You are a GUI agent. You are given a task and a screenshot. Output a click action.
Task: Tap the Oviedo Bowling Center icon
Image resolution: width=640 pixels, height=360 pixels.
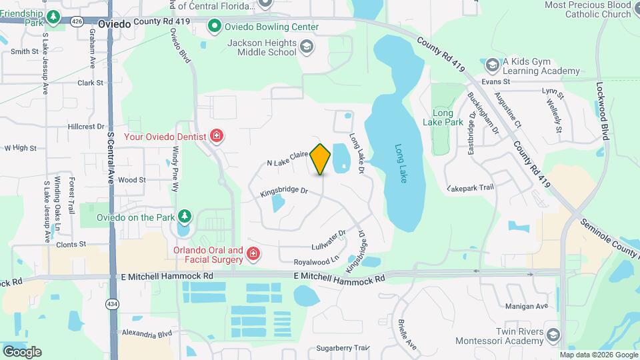click(215, 27)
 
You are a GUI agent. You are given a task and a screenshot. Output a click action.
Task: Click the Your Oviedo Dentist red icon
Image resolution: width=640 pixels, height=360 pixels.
click(216, 137)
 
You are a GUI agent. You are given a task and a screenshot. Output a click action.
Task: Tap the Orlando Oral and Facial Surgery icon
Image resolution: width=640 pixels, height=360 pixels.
click(253, 254)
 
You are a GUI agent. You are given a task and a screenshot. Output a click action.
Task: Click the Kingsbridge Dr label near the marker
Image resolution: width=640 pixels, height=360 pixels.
click(284, 191)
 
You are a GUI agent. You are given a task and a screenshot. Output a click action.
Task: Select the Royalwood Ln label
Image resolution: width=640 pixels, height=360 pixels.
click(317, 259)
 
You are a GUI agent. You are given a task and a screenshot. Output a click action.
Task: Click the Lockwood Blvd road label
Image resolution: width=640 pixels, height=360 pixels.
click(602, 111)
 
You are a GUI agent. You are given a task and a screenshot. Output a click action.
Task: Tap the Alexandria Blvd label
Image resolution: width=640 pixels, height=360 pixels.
click(146, 334)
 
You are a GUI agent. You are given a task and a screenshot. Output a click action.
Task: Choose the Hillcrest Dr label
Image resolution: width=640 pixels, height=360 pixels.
click(87, 126)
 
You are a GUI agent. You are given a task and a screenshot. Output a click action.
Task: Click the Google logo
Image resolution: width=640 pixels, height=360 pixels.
click(22, 351)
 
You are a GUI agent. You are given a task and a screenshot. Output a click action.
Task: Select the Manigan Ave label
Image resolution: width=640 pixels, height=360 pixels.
click(526, 306)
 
